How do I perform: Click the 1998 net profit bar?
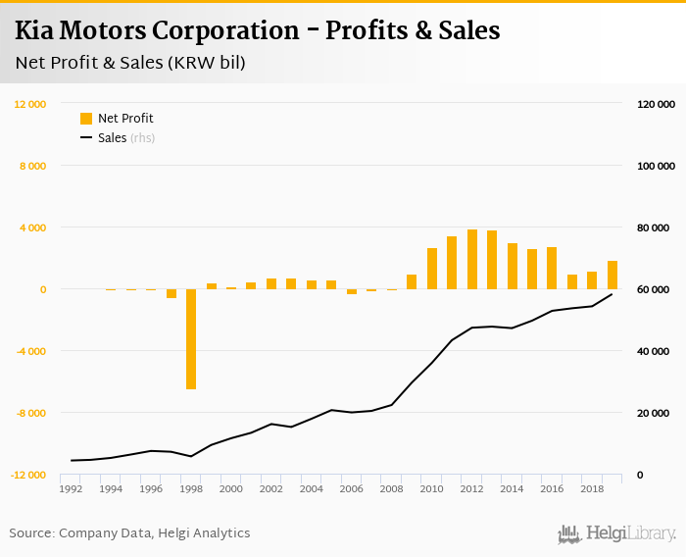[191, 338]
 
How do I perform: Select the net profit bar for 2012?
[472, 260]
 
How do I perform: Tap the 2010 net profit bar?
[432, 269]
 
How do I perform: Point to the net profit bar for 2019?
[612, 276]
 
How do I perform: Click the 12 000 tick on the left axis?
[29, 104]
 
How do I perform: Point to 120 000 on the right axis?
[656, 104]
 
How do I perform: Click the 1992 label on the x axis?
[71, 488]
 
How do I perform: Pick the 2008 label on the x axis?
[392, 488]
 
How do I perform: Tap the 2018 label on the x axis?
[592, 488]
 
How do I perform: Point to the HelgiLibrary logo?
[616, 533]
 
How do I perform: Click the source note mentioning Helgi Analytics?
[129, 533]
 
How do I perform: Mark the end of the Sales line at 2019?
[612, 294]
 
